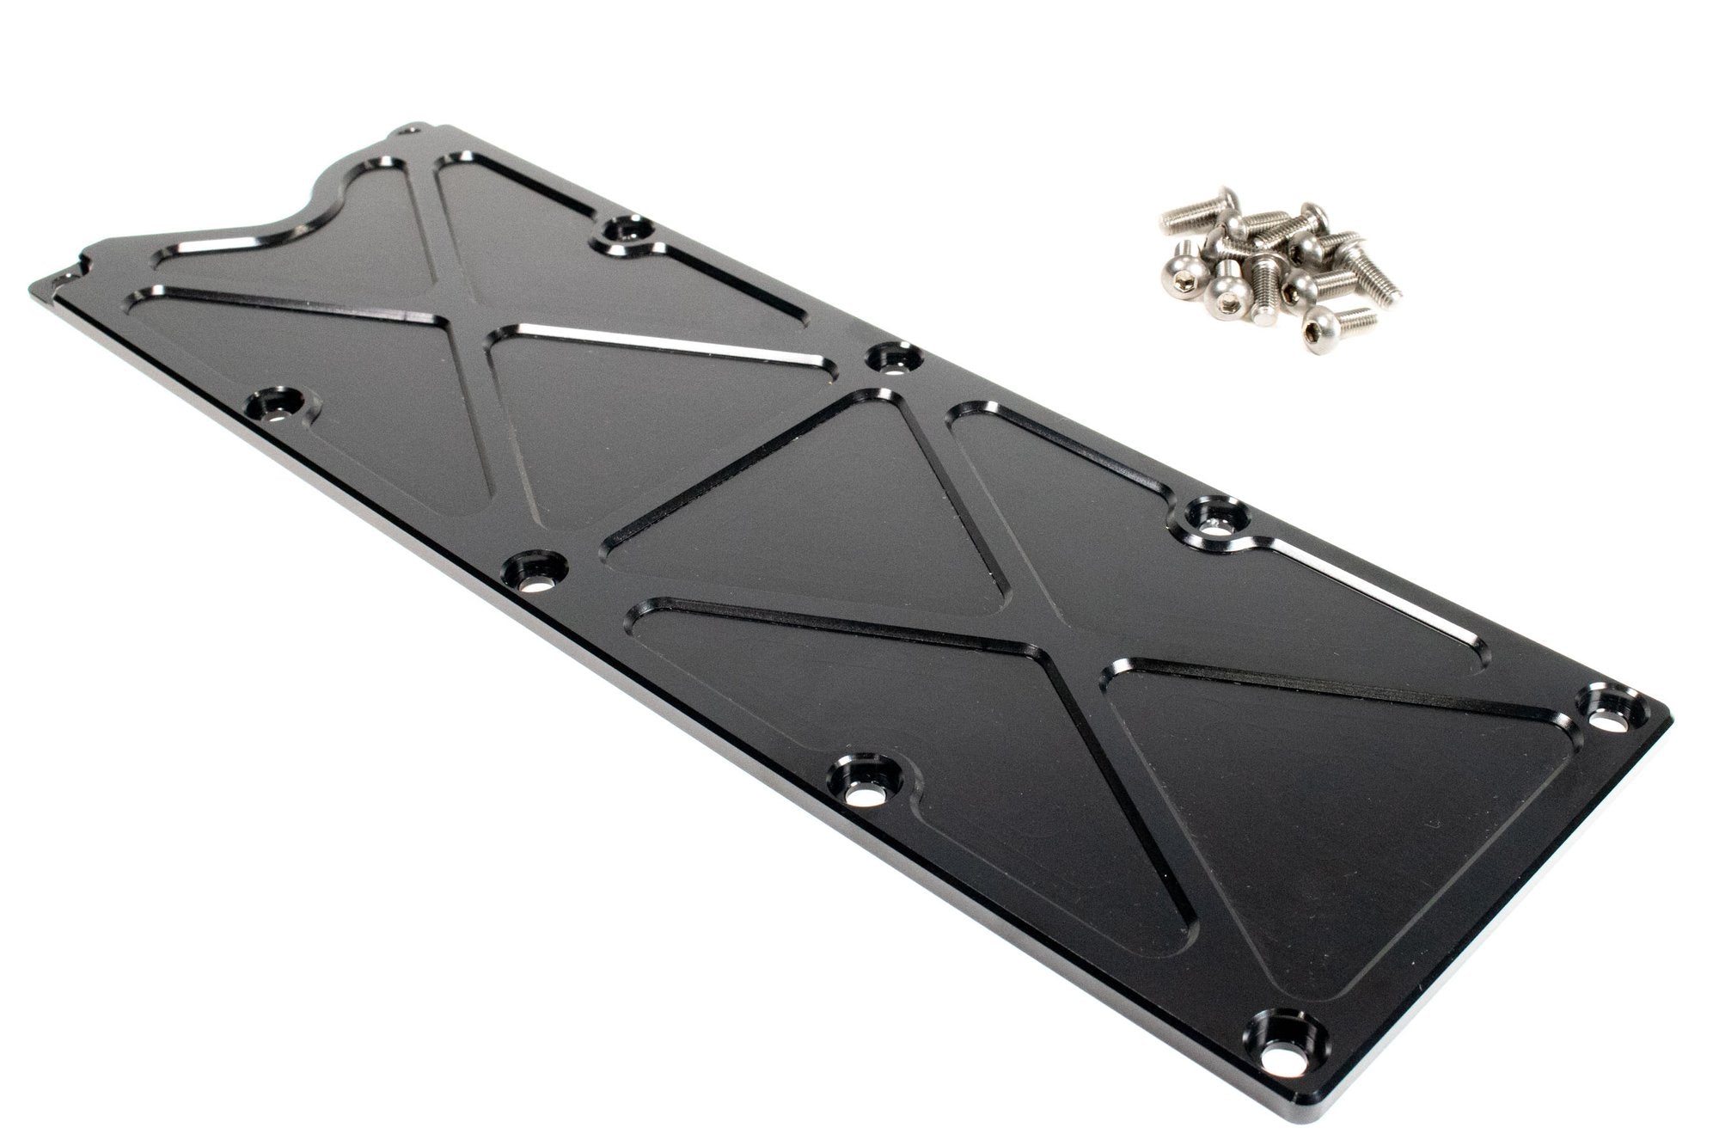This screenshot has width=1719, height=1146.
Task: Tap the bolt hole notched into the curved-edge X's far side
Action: [x=625, y=233]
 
